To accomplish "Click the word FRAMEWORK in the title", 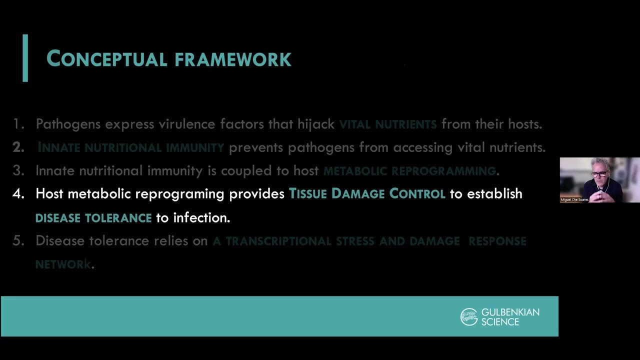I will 232,59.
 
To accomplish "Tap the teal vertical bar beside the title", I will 25,58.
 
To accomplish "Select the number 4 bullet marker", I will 18,194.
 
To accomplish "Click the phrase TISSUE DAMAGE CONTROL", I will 366,194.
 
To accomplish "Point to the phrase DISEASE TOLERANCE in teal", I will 93,218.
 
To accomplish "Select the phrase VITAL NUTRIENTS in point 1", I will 387,124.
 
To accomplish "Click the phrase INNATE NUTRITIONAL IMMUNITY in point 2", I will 130,147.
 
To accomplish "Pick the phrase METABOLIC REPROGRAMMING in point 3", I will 409,171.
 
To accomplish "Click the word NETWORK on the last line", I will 62,264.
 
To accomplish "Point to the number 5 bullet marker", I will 18,241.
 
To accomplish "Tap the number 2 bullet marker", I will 18,147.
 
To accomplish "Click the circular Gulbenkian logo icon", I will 469,317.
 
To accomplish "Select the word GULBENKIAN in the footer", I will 510,312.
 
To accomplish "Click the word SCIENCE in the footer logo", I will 500,322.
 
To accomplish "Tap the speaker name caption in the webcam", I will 574,199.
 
